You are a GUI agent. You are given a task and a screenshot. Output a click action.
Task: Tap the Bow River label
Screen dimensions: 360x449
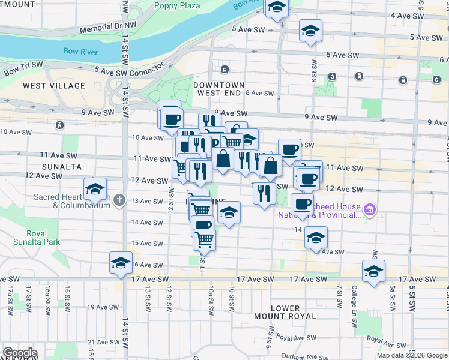click(81, 52)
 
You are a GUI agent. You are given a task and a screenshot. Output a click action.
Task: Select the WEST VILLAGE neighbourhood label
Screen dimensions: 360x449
click(54, 86)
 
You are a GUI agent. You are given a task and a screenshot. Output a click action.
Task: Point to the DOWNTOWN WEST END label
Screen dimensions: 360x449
click(219, 89)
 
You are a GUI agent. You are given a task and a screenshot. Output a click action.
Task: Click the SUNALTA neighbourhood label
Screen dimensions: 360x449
click(57, 166)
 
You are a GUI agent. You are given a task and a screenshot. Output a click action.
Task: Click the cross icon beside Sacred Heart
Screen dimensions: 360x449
click(119, 200)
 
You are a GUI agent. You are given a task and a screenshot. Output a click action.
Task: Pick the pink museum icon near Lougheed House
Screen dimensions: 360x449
click(370, 209)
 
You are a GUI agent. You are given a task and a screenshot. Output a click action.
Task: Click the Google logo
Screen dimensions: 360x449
click(20, 353)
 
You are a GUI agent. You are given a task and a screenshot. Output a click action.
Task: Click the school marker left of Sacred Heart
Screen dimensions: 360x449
click(95, 189)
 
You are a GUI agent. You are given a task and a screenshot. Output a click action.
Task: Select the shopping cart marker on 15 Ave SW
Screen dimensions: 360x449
click(205, 239)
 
